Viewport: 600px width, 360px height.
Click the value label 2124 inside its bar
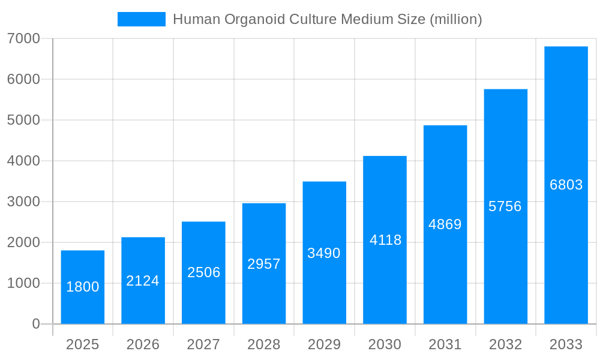tap(143, 281)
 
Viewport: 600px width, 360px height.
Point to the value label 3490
tap(324, 253)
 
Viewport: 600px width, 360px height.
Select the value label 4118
tap(385, 240)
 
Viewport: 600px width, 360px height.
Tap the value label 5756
tap(505, 206)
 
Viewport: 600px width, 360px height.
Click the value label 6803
tap(566, 185)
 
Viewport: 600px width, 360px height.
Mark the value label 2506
tap(203, 272)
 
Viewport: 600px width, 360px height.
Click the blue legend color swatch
tap(142, 19)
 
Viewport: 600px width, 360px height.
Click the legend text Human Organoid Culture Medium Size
tap(327, 19)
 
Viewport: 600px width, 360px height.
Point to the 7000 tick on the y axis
tap(23, 38)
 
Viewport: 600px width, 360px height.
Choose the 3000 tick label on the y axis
tap(23, 202)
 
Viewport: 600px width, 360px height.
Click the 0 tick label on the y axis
tap(35, 324)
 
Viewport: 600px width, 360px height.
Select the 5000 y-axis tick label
tap(23, 120)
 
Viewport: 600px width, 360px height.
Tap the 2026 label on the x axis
tap(143, 344)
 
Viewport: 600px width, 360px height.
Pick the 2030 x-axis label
tap(385, 344)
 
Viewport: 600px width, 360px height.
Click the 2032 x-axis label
tap(505, 344)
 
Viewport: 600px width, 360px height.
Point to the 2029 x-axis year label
tap(324, 344)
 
